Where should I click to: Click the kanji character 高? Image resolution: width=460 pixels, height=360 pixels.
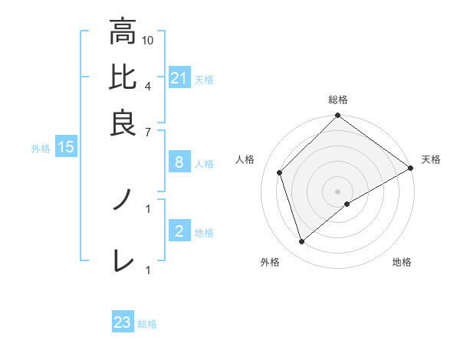[x=123, y=32]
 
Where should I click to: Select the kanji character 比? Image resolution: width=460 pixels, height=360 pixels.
[x=123, y=77]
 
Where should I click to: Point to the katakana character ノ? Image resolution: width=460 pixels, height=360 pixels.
[x=123, y=200]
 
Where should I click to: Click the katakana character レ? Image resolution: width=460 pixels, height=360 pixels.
[x=123, y=260]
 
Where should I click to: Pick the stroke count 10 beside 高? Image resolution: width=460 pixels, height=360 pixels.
[x=148, y=40]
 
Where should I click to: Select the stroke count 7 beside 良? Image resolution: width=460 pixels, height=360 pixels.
[x=148, y=131]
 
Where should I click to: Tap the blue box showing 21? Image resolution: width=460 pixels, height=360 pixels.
[x=179, y=77]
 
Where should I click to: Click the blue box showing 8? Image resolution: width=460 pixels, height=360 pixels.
[x=179, y=162]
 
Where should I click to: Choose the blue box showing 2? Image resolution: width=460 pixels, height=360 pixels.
[x=179, y=231]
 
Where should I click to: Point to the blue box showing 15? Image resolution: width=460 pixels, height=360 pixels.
[x=66, y=147]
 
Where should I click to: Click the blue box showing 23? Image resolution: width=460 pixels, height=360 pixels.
[x=123, y=322]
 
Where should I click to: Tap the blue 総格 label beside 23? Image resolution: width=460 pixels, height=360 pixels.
[x=147, y=324]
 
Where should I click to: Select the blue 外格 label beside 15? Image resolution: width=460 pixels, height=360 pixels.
[x=40, y=149]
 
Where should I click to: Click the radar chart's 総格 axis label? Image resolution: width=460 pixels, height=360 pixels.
[x=338, y=100]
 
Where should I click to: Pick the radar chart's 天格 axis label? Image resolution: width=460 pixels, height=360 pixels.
[x=432, y=159]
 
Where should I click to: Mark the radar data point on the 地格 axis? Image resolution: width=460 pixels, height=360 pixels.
[x=347, y=204]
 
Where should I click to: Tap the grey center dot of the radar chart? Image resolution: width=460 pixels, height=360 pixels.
[x=338, y=191]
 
